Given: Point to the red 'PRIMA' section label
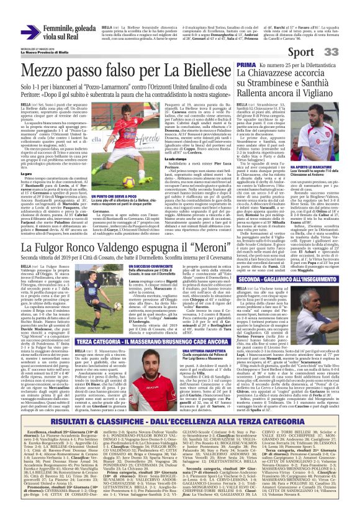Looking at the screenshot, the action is click(x=246, y=65).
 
